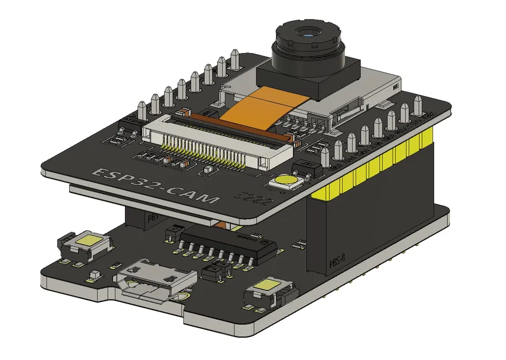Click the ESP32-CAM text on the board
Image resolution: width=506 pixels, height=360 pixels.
[155, 185]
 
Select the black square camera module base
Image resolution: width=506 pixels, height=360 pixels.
[308, 81]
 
